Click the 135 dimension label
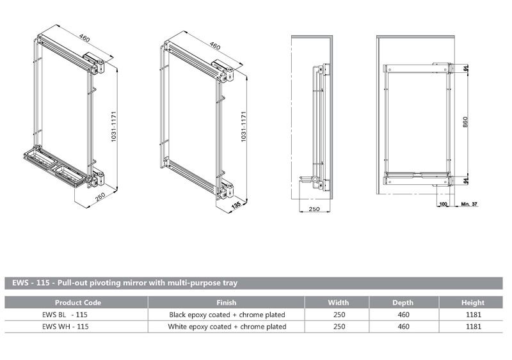(237, 205)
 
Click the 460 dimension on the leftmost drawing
(84, 38)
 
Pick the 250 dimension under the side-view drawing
(314, 209)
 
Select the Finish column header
(227, 302)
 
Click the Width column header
(338, 302)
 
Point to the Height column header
(472, 302)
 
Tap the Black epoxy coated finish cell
(227, 315)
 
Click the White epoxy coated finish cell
(227, 326)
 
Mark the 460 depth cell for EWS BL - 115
(403, 315)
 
